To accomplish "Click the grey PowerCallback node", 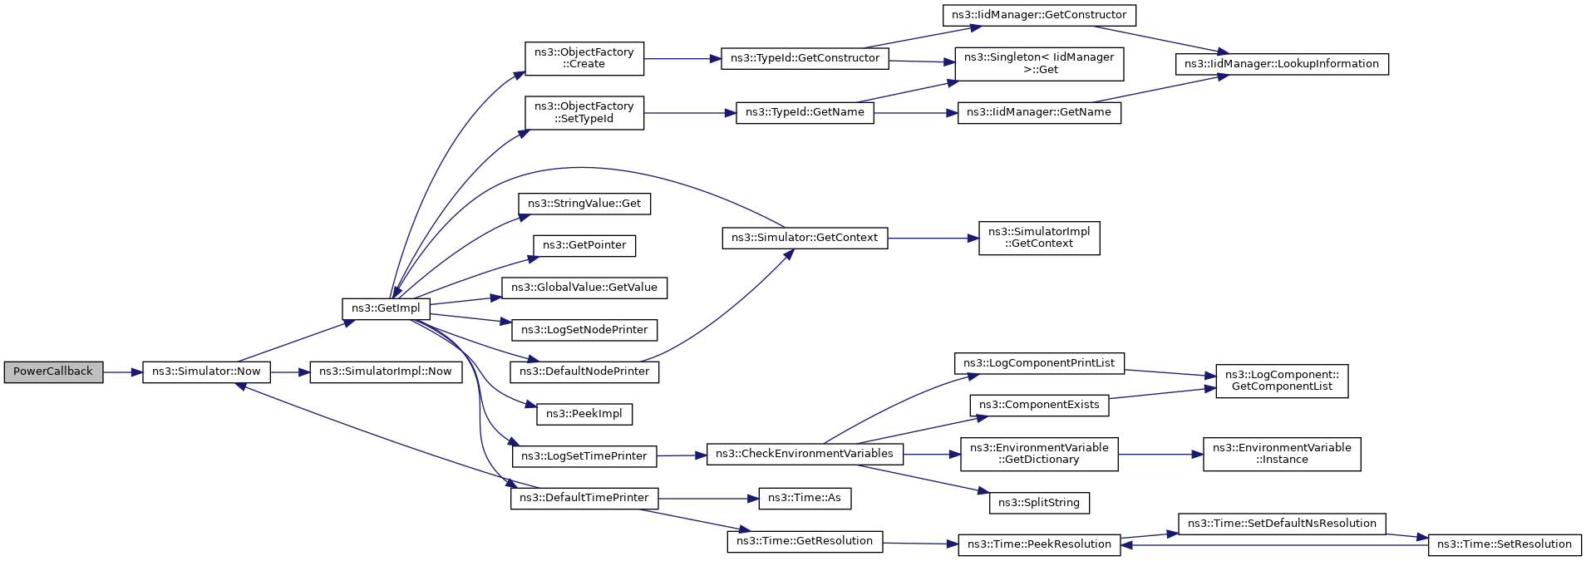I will [53, 372].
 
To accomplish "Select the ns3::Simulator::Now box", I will [206, 372].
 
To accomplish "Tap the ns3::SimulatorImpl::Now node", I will [386, 372].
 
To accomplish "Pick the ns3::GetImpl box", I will [386, 308].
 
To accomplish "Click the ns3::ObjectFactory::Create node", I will [584, 58].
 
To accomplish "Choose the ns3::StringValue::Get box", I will [584, 204].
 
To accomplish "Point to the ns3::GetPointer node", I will [584, 245].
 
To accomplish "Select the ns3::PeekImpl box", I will [584, 414].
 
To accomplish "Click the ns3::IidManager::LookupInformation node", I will [1282, 64].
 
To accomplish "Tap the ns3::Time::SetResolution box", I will [1505, 544].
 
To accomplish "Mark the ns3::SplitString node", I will [1039, 503].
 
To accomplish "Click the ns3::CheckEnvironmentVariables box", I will [805, 454].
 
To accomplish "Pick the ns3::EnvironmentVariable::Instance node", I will [1282, 454].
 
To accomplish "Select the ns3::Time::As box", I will [805, 498].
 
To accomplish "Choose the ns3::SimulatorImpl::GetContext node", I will [1039, 238].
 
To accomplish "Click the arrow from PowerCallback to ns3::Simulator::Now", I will [123, 372].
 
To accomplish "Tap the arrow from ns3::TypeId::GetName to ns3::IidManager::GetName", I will [915, 113].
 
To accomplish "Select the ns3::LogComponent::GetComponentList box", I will [1282, 381].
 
